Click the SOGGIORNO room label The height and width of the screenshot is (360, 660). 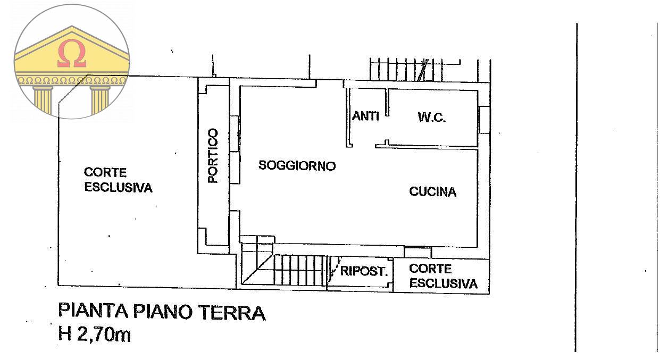[297, 166]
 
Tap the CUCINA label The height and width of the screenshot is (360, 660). [432, 192]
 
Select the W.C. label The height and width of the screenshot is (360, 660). [431, 118]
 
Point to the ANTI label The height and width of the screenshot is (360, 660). [365, 116]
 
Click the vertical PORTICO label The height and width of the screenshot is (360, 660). [213, 156]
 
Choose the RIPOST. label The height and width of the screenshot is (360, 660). [364, 271]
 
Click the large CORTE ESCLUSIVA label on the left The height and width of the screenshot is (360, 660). [118, 180]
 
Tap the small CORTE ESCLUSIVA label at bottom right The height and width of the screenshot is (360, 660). [443, 277]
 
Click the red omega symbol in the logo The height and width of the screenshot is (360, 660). [72, 54]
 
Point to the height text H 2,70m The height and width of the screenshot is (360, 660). [95, 335]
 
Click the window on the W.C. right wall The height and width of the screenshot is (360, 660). [484, 120]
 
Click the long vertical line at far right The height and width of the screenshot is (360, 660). [576, 186]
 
